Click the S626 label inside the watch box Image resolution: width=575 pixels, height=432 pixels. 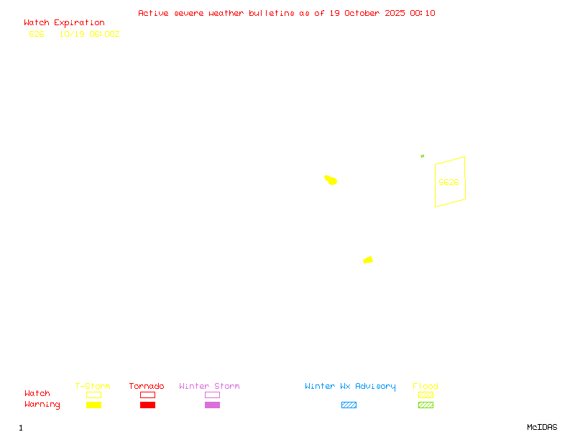[x=448, y=182]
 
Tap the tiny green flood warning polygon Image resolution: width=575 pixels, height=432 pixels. [x=423, y=156]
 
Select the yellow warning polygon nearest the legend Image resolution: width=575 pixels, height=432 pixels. [x=368, y=260]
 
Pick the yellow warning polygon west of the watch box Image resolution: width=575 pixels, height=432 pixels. [x=331, y=179]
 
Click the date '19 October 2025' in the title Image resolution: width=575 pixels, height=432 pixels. [x=368, y=13]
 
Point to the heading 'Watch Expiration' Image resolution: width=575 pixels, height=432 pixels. [x=64, y=22]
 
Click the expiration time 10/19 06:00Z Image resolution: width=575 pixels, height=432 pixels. [x=89, y=34]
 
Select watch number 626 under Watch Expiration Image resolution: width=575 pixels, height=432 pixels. [x=36, y=34]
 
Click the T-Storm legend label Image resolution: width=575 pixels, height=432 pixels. [x=93, y=386]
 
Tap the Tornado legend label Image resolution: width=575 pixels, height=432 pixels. [x=147, y=386]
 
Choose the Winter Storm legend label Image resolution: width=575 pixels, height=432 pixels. [x=209, y=386]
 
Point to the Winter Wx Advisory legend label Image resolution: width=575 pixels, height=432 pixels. [x=350, y=386]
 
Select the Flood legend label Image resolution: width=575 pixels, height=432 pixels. [x=425, y=386]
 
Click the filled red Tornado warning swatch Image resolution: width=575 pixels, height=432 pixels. [x=147, y=405]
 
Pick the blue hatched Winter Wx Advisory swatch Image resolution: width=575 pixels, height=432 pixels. [x=349, y=405]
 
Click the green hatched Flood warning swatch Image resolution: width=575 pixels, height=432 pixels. [x=425, y=405]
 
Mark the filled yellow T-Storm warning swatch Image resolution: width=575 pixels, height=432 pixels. [x=93, y=405]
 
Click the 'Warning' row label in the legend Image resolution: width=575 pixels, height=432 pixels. [x=42, y=405]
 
